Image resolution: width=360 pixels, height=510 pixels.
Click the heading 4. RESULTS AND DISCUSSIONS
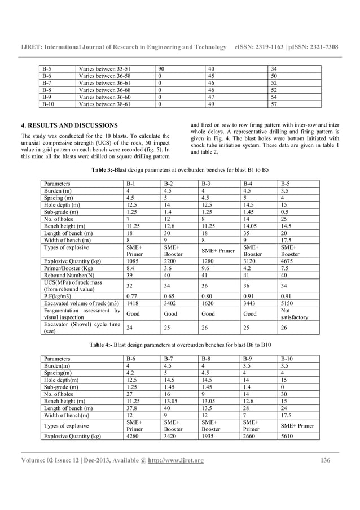click(69, 125)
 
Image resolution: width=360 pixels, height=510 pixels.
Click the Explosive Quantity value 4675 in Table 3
click(287, 261)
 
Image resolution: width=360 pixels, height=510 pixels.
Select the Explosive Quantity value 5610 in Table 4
click(287, 437)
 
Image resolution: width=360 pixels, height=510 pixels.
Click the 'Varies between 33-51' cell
click(99, 69)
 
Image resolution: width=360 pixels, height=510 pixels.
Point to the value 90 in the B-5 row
click(161, 69)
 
